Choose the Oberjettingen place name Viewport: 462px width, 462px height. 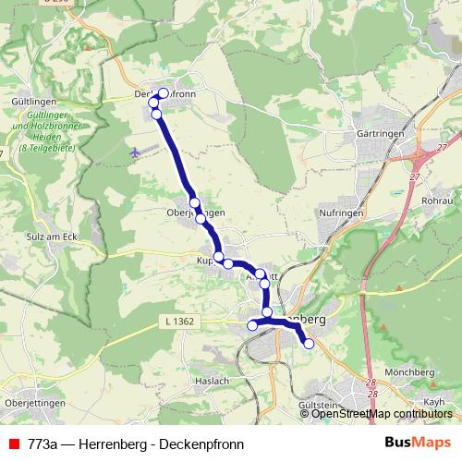click(34, 404)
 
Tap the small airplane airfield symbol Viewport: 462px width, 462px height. click(137, 151)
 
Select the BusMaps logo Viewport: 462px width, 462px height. click(418, 443)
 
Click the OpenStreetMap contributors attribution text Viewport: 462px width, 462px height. click(382, 414)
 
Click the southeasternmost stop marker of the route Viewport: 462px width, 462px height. click(309, 344)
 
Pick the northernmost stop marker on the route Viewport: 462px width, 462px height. click(164, 92)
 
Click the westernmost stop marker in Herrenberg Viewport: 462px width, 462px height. click(251, 325)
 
